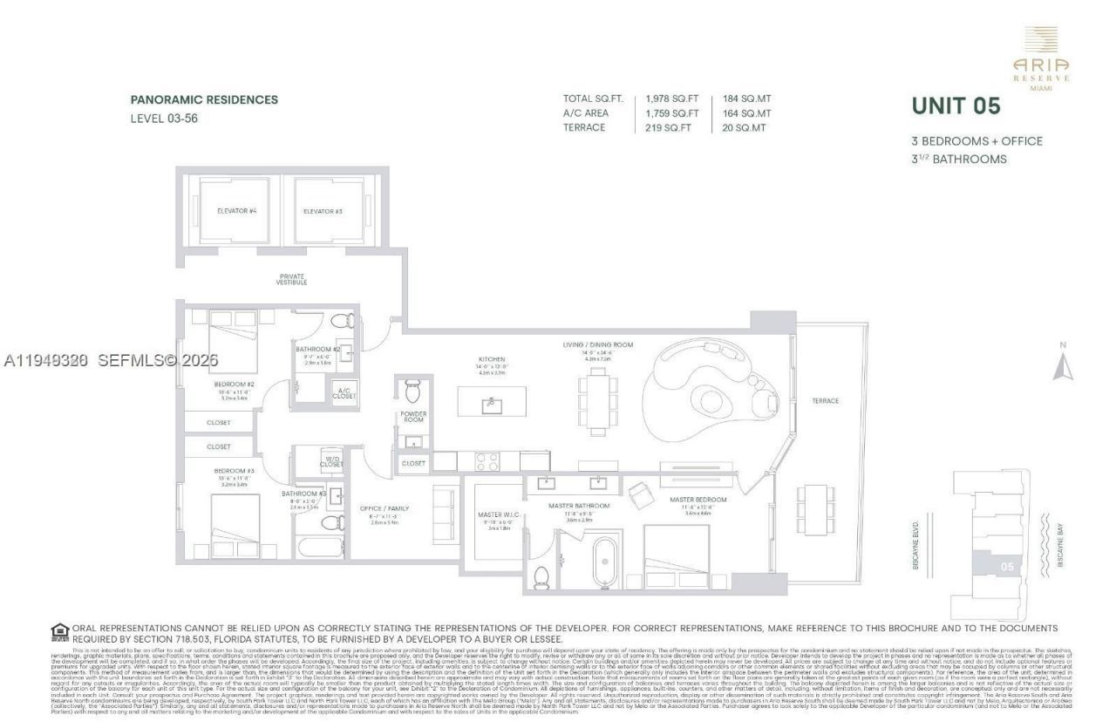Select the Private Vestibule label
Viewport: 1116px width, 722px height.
(x=291, y=278)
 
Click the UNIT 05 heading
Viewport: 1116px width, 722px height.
(x=956, y=106)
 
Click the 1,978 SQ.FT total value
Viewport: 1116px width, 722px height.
(x=672, y=99)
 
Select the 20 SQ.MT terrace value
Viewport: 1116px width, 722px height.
(x=745, y=127)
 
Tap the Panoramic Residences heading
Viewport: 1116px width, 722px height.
(x=204, y=99)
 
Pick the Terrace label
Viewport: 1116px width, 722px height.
(x=825, y=401)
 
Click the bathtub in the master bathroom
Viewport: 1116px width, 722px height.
(x=604, y=562)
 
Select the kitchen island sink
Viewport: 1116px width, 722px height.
(x=492, y=404)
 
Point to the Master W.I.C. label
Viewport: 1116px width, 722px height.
(x=499, y=515)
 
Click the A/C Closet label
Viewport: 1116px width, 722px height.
(x=344, y=392)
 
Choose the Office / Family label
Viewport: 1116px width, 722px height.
(x=384, y=508)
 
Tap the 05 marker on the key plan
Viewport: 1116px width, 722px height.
(x=1007, y=566)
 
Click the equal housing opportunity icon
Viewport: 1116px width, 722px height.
(x=60, y=631)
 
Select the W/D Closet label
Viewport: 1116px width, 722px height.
(x=331, y=461)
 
